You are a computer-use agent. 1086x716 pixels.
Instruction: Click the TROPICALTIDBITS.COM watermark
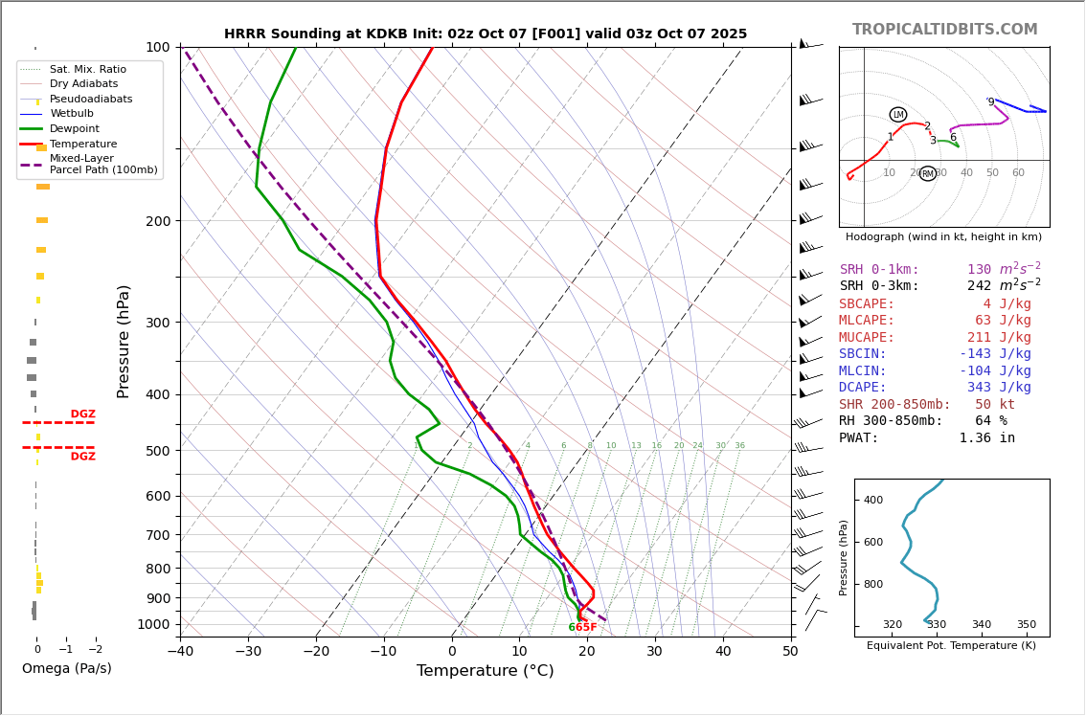pyautogui.click(x=944, y=30)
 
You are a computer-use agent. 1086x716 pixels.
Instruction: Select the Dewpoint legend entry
pyautogui.click(x=75, y=128)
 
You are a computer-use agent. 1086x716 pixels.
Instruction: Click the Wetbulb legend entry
pyautogui.click(x=72, y=114)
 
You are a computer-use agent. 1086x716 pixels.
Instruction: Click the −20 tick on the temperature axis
pyautogui.click(x=316, y=652)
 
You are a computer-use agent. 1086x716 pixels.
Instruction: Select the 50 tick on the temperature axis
pyautogui.click(x=790, y=652)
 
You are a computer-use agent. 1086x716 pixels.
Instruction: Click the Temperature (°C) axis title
pyautogui.click(x=485, y=671)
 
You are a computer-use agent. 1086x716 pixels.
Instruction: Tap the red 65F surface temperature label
pyautogui.click(x=586, y=628)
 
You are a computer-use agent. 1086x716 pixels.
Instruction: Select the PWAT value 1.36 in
pyautogui.click(x=986, y=437)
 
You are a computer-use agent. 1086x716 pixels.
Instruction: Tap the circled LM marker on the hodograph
pyautogui.click(x=897, y=115)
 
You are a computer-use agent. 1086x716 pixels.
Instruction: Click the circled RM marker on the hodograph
pyautogui.click(x=927, y=173)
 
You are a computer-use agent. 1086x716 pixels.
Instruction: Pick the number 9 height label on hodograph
pyautogui.click(x=991, y=102)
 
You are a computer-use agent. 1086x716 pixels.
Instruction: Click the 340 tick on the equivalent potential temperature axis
pyautogui.click(x=982, y=625)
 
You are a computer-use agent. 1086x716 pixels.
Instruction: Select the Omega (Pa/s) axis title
pyautogui.click(x=67, y=668)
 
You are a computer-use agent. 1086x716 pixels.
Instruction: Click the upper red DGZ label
pyautogui.click(x=83, y=414)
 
